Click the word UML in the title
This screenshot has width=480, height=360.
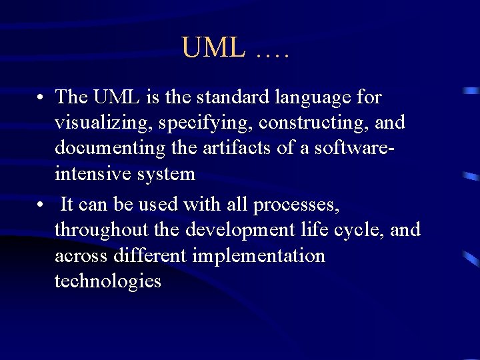point(213,48)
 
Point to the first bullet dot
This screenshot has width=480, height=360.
point(41,98)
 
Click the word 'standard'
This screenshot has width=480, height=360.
point(227,97)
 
